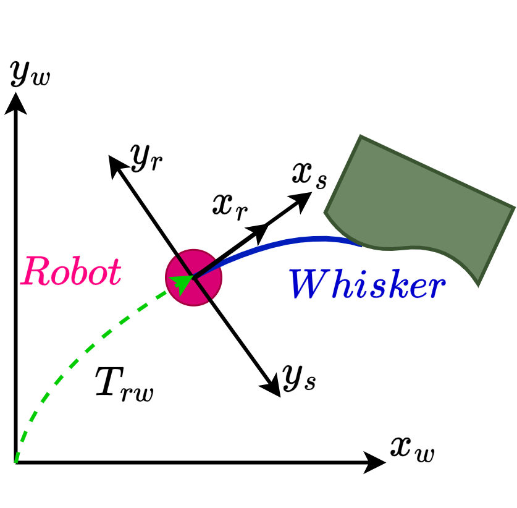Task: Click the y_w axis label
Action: pyautogui.click(x=30, y=74)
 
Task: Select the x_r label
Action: pyautogui.click(x=230, y=208)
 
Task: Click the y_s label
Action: pyautogui.click(x=299, y=378)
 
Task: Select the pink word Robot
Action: pyautogui.click(x=71, y=271)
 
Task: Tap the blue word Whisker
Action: pyautogui.click(x=368, y=284)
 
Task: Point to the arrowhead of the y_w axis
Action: pyautogui.click(x=15, y=103)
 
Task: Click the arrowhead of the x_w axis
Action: pyautogui.click(x=375, y=462)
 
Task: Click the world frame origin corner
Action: pyautogui.click(x=15, y=462)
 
